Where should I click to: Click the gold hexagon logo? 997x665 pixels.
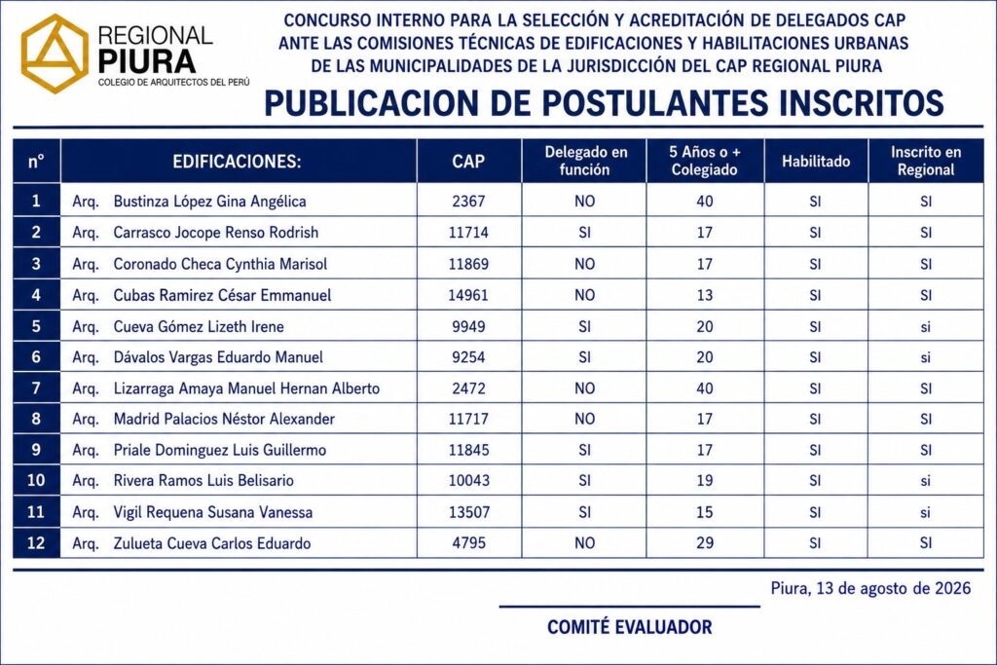(55, 54)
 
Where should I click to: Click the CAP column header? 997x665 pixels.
(468, 161)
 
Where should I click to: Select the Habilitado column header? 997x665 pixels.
(816, 161)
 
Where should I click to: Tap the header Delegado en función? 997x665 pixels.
(585, 161)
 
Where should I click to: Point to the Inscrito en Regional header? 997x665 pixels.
(926, 161)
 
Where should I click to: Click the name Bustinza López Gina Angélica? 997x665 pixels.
(210, 202)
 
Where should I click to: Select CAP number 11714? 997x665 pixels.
(468, 233)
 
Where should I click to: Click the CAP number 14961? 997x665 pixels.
(468, 295)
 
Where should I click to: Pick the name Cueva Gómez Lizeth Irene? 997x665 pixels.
(199, 327)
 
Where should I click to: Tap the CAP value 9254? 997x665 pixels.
(468, 357)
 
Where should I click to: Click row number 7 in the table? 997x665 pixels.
(36, 388)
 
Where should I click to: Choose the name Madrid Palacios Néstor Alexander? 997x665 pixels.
(224, 419)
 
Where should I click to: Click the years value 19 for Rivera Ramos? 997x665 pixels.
(705, 481)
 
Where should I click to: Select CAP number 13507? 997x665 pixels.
(469, 512)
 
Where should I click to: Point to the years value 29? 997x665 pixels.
(705, 543)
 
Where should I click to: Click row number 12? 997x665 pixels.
(36, 543)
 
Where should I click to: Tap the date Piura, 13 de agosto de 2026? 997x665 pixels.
(870, 589)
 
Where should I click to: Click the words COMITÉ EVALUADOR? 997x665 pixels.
(630, 627)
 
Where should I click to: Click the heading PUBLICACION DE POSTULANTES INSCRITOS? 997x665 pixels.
(604, 103)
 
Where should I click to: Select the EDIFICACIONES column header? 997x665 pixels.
(237, 162)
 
